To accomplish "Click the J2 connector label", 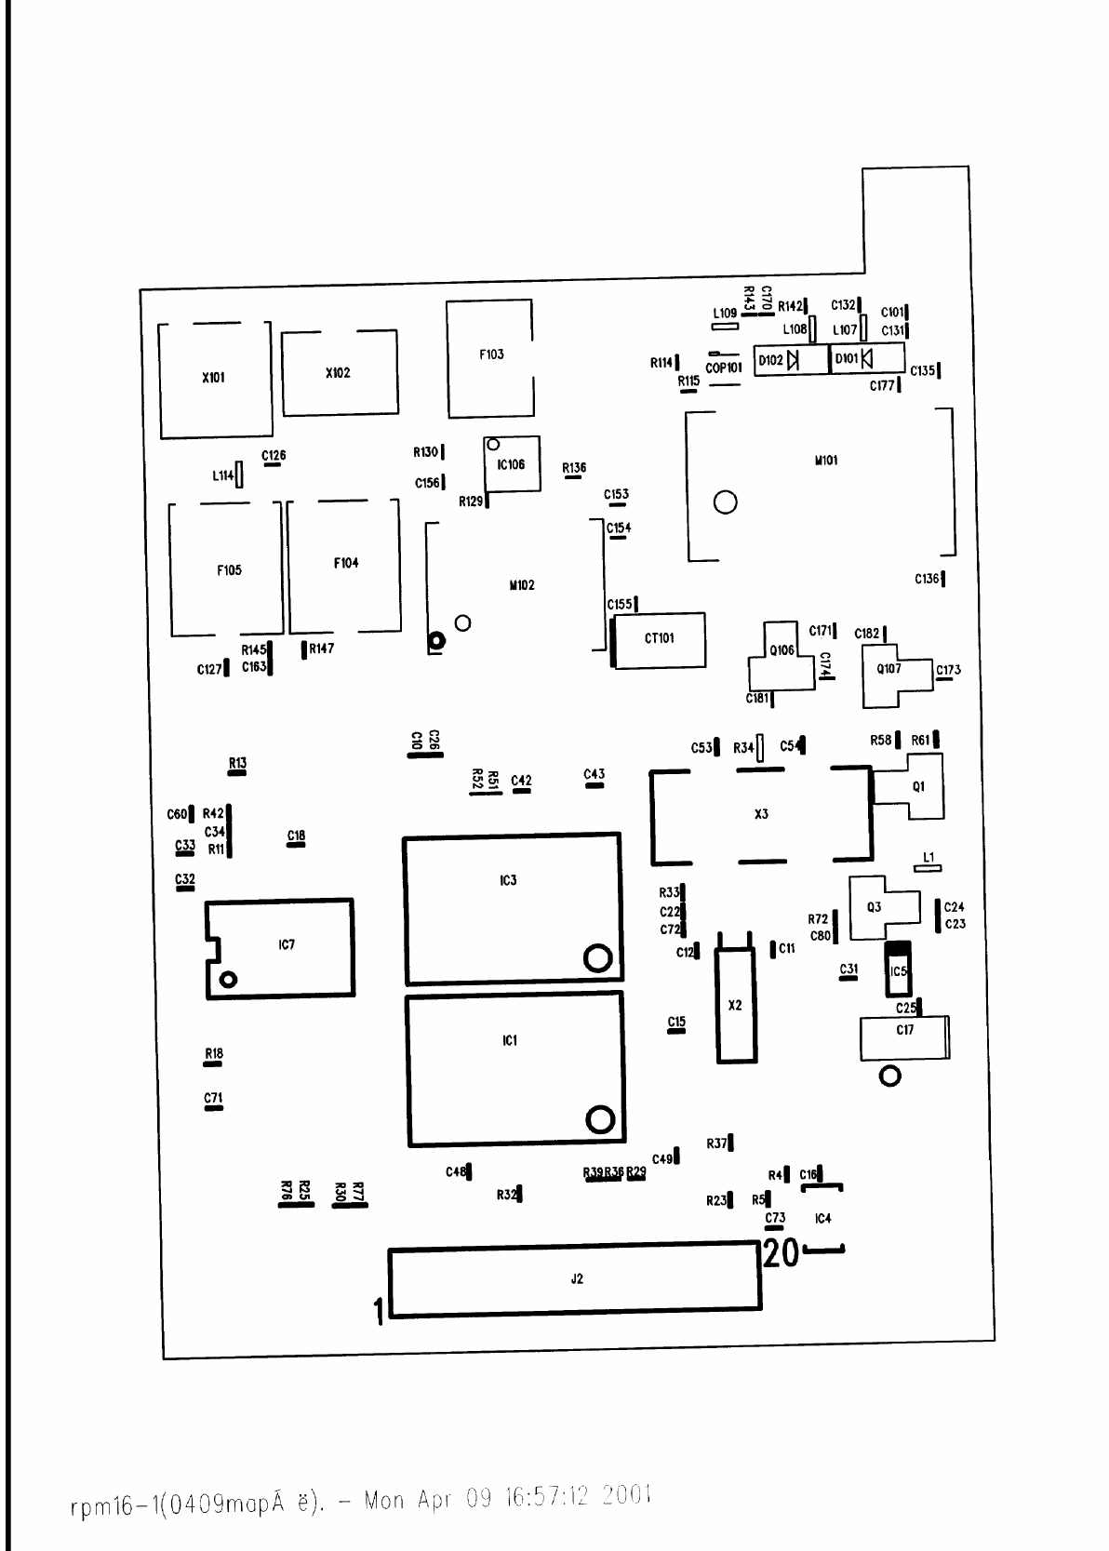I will pyautogui.click(x=577, y=1279).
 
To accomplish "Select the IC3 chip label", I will pyautogui.click(x=508, y=879).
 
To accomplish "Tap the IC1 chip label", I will pyautogui.click(x=509, y=1040).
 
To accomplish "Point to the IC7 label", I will pyautogui.click(x=287, y=944).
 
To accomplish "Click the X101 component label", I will pyautogui.click(x=213, y=378).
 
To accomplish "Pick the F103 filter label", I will pyautogui.click(x=491, y=354).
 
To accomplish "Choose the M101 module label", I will pyautogui.click(x=826, y=461).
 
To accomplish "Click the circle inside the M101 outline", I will pyautogui.click(x=726, y=502).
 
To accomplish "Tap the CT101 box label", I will pyautogui.click(x=659, y=638).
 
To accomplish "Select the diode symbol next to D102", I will pyautogui.click(x=794, y=360).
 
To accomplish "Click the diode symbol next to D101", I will pyautogui.click(x=867, y=358).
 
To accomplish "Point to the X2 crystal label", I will pyautogui.click(x=735, y=1005).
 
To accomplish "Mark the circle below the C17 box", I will pyautogui.click(x=890, y=1076).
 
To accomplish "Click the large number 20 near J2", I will pyautogui.click(x=781, y=1254).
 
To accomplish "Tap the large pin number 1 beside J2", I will pyautogui.click(x=379, y=1313).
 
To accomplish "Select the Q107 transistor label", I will pyautogui.click(x=889, y=669).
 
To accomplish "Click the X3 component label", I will pyautogui.click(x=761, y=814).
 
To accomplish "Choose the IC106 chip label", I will pyautogui.click(x=511, y=464).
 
